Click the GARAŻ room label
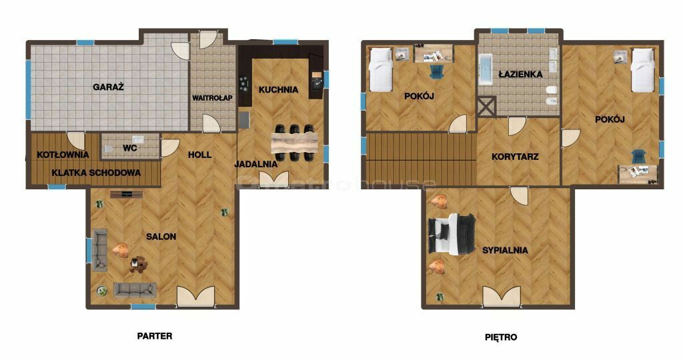pos(109,87)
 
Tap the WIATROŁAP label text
pos(213,98)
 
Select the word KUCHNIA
pos(278,90)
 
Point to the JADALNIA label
pos(256,164)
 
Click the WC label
pos(130,148)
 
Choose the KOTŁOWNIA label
pos(63,155)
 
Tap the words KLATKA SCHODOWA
pos(96,173)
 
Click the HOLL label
pos(200,155)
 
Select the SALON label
pos(161,237)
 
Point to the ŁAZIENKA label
pos(520,74)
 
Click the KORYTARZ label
pos(515,157)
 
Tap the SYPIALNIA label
pos(506,250)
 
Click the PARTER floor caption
pos(155,336)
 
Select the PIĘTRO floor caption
pos(501,337)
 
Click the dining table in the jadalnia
pos(294,143)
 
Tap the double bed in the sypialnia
pos(452,234)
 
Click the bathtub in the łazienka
pos(486,69)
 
